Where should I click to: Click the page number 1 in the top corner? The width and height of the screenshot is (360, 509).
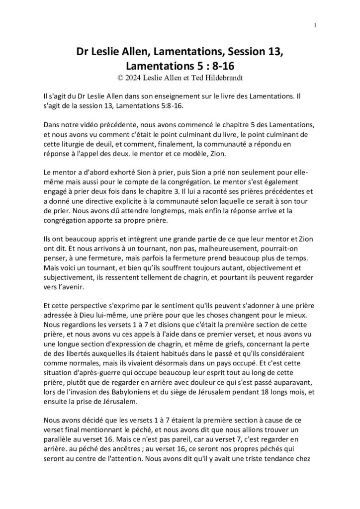tap(316, 25)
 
